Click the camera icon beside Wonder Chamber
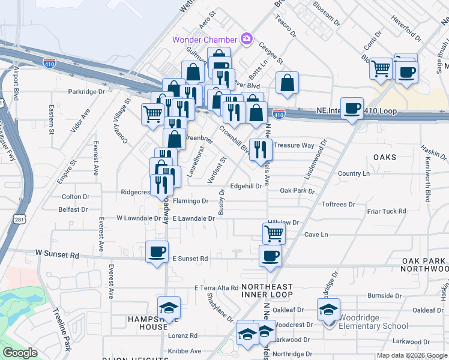point(246,40)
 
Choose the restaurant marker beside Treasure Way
point(260,149)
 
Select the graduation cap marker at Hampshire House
point(169,307)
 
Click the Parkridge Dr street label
point(86,92)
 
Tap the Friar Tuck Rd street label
point(387,211)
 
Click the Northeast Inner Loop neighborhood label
point(267,290)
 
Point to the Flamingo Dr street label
point(190,201)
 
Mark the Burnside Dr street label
point(380,296)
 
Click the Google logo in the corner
point(20,352)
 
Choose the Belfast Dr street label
point(73,209)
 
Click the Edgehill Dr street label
point(246,186)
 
